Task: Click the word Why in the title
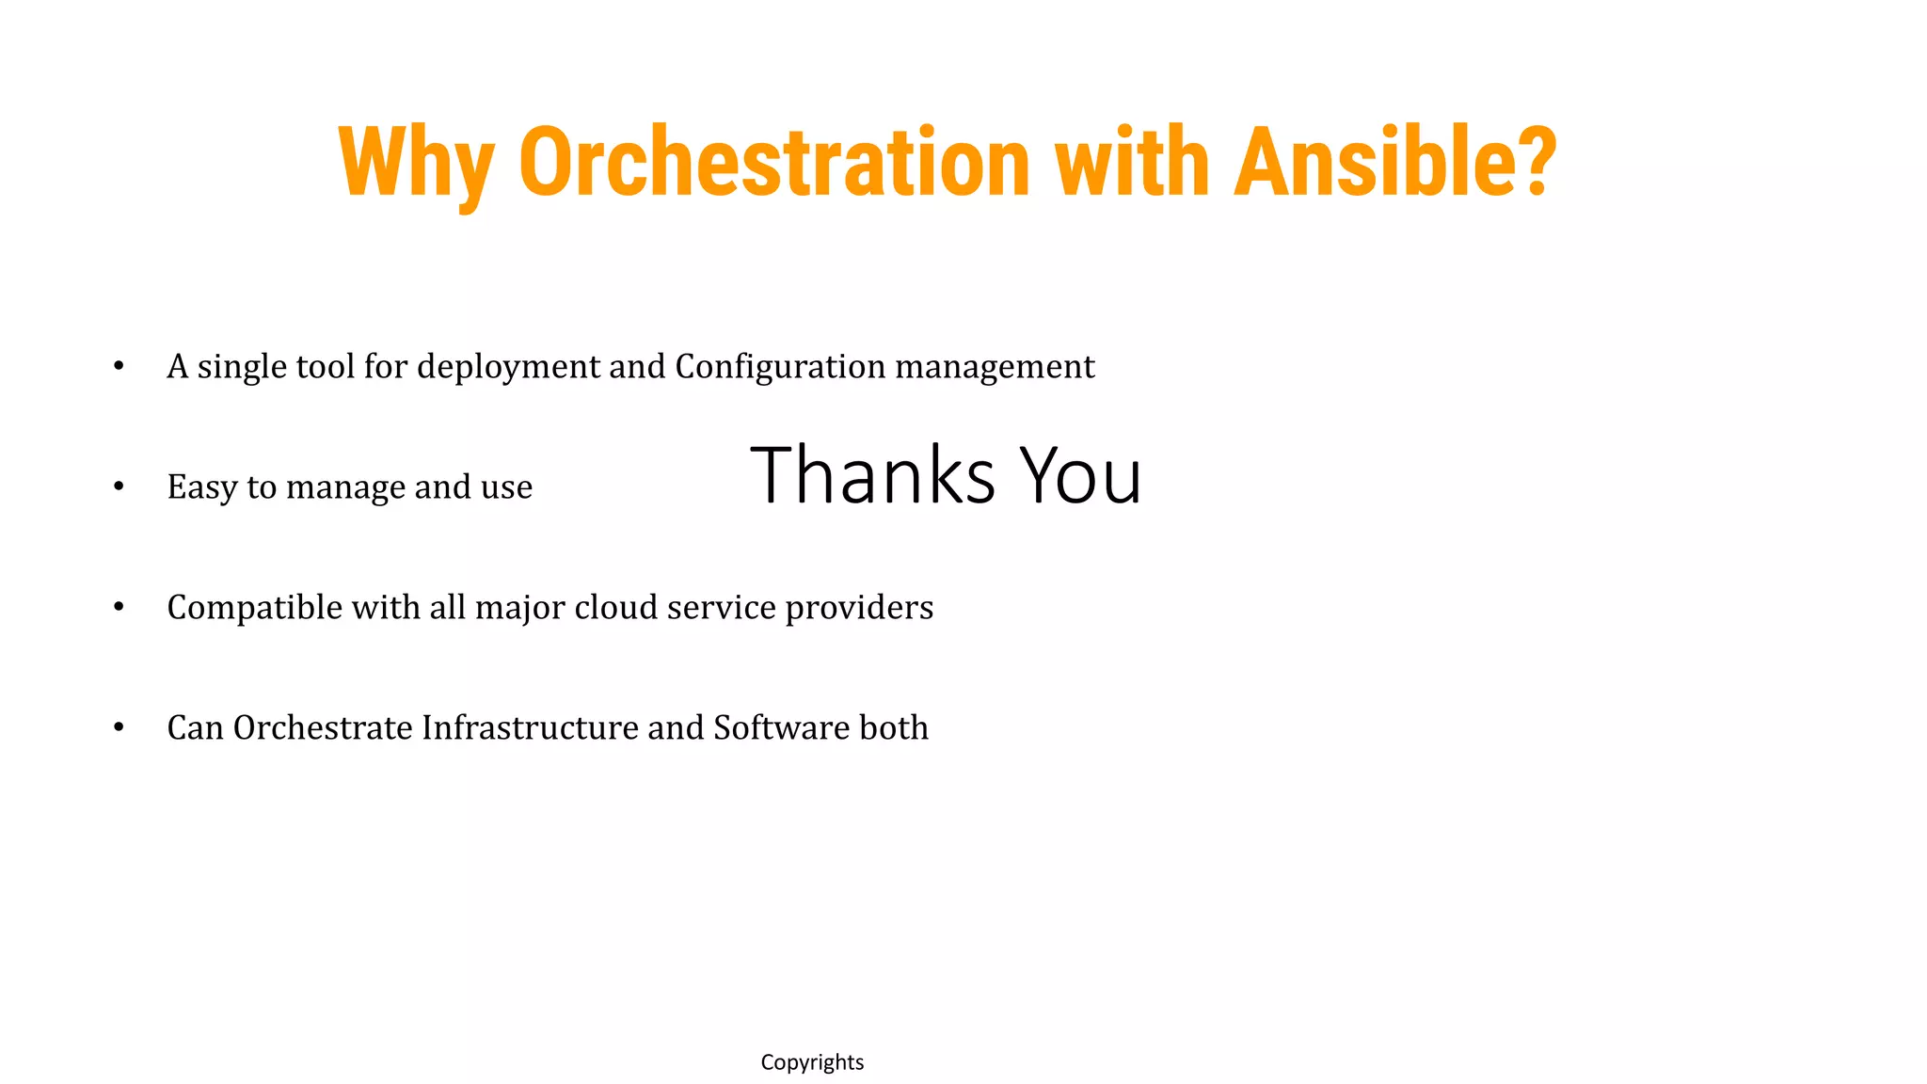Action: (415, 165)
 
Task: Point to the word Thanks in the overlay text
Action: (872, 475)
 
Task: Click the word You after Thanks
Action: (1081, 475)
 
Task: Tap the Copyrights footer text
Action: (812, 1062)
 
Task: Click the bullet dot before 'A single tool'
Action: (119, 366)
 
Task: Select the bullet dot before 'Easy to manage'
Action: (119, 486)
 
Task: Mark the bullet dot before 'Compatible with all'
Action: (119, 607)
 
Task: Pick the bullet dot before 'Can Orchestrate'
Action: (119, 727)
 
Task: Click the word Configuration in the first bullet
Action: (780, 367)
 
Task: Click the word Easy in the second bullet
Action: (202, 487)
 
